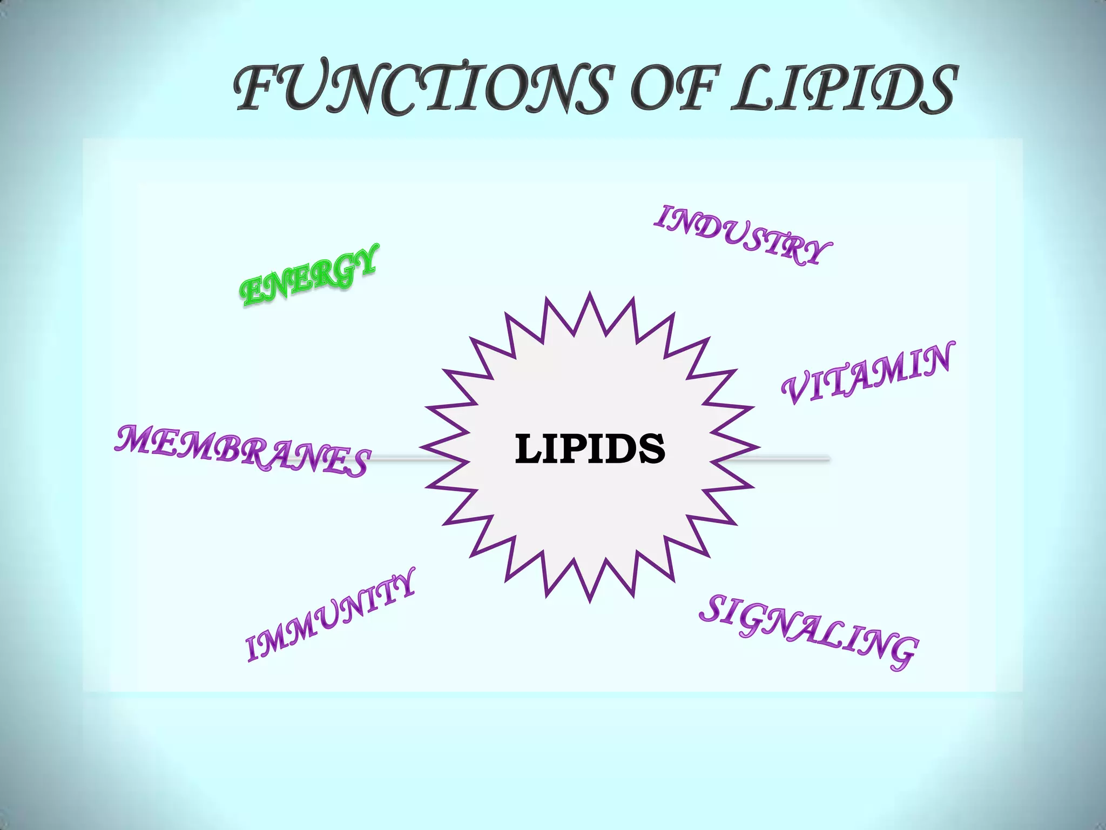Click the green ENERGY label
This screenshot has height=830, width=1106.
[x=308, y=275]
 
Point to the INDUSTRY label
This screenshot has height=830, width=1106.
[x=742, y=235]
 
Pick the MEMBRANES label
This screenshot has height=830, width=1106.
[x=242, y=451]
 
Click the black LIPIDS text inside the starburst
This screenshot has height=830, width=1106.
[x=590, y=449]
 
